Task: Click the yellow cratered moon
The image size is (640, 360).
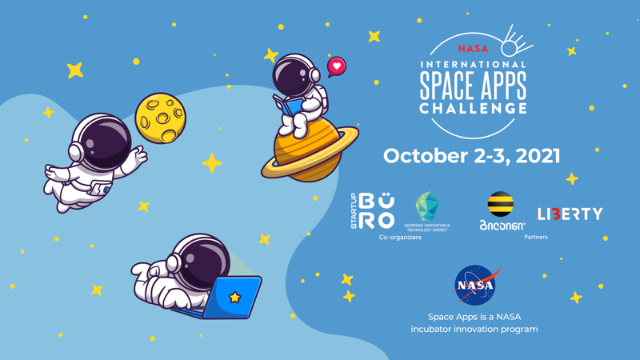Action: pyautogui.click(x=159, y=119)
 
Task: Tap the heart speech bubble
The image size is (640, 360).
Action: pyautogui.click(x=337, y=66)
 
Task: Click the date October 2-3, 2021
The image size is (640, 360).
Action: pyautogui.click(x=471, y=156)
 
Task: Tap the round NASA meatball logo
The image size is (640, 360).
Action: pyautogui.click(x=475, y=286)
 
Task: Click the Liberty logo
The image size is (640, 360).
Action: pyautogui.click(x=570, y=214)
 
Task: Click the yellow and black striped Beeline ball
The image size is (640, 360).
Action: pyautogui.click(x=501, y=204)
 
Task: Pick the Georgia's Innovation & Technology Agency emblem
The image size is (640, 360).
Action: pyautogui.click(x=426, y=206)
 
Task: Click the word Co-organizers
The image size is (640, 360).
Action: pyautogui.click(x=400, y=238)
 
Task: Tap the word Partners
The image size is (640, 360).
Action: pyautogui.click(x=536, y=238)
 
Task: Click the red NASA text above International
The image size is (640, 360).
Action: pyautogui.click(x=473, y=49)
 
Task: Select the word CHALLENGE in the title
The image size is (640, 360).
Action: pyautogui.click(x=474, y=108)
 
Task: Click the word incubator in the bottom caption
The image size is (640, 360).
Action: pyautogui.click(x=434, y=329)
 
